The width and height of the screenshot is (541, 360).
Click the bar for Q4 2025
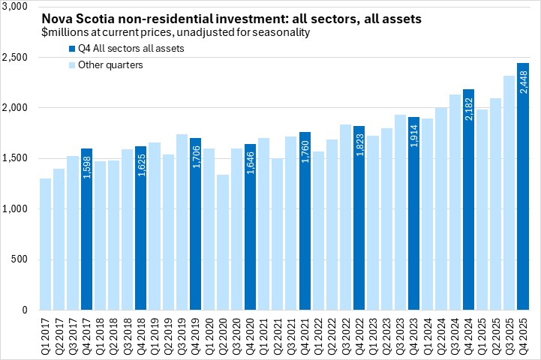[524, 187]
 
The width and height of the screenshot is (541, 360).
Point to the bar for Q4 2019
[196, 224]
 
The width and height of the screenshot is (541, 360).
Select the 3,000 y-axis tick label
[17, 7]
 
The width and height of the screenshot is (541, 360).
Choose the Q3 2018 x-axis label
[128, 334]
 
